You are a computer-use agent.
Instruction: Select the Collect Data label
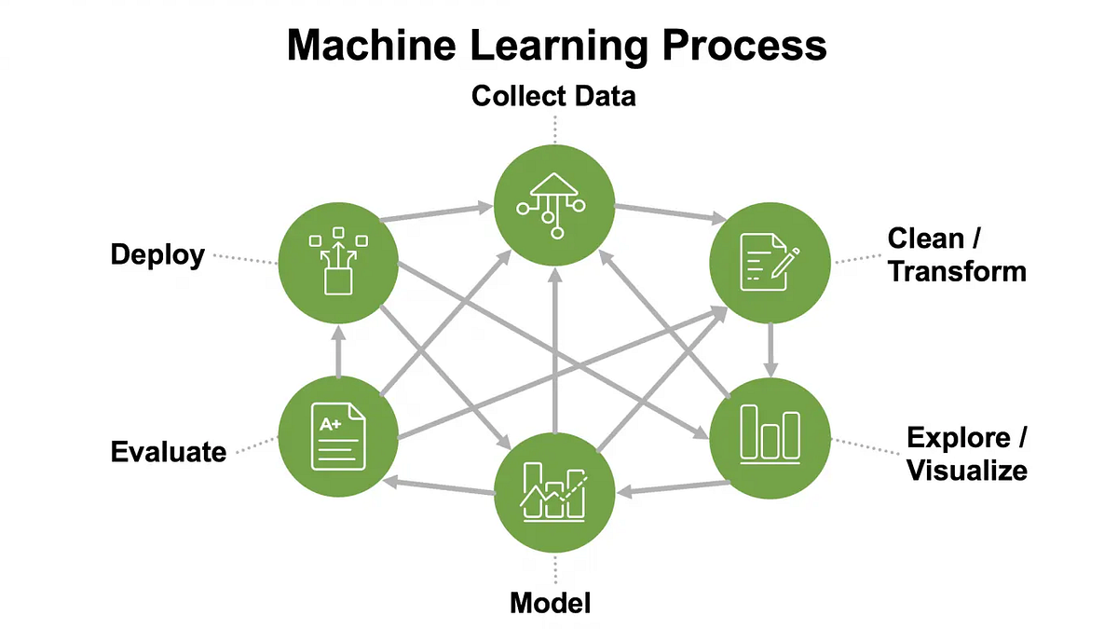[x=553, y=95]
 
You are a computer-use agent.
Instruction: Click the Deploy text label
[x=157, y=254]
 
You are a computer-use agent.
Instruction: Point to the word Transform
[x=957, y=271]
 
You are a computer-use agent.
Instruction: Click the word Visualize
[x=967, y=470]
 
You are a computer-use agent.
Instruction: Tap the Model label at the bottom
[x=550, y=603]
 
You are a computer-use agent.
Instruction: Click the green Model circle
[x=554, y=492]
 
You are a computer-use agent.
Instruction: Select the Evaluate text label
[x=169, y=452]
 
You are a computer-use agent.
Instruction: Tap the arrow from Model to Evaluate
[x=438, y=486]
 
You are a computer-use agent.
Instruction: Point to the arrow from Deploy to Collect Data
[x=438, y=212]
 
